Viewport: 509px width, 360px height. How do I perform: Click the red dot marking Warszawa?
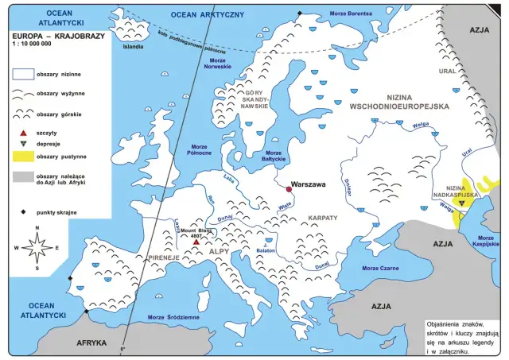click(289, 189)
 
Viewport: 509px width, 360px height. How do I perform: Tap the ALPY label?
click(218, 252)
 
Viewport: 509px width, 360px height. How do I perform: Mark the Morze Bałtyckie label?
click(273, 156)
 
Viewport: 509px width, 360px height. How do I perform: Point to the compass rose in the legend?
click(37, 247)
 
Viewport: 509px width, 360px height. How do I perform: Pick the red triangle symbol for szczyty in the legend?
click(22, 133)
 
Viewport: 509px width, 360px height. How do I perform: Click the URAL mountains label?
click(448, 71)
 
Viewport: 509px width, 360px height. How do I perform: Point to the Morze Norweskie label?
click(220, 64)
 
